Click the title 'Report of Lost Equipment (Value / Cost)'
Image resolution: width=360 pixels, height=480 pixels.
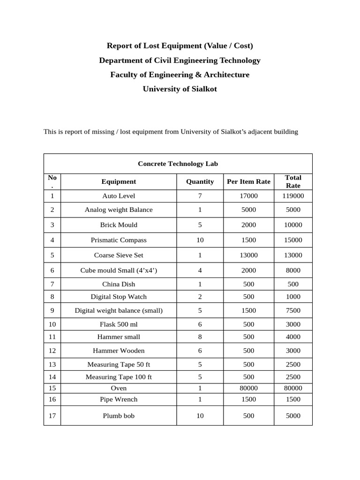click(x=180, y=45)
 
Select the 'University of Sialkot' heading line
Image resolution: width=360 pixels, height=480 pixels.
click(x=180, y=89)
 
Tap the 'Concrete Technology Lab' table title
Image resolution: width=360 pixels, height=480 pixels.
click(x=178, y=164)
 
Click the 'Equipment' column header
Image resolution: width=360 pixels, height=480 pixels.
click(x=119, y=181)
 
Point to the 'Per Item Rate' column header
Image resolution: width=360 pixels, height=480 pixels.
click(x=248, y=181)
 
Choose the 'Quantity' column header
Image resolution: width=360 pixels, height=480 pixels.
click(x=200, y=181)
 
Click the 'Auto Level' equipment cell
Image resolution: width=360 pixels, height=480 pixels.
click(x=119, y=196)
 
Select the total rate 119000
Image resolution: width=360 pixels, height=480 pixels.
click(x=293, y=196)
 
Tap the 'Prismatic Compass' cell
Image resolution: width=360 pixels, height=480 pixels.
click(x=119, y=240)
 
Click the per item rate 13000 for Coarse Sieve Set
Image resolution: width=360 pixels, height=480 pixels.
click(x=248, y=255)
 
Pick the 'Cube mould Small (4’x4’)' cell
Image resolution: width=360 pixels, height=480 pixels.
click(x=119, y=270)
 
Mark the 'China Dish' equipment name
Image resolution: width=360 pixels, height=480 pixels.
click(x=119, y=284)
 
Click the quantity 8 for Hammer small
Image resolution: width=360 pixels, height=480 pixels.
click(x=200, y=337)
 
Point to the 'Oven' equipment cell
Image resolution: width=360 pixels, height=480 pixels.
click(x=119, y=388)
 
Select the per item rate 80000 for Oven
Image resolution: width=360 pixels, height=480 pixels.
click(x=248, y=388)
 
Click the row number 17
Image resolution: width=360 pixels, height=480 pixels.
click(x=52, y=416)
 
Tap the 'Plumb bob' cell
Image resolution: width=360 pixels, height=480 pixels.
click(x=119, y=416)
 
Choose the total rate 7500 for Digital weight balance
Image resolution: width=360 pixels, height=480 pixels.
click(x=293, y=310)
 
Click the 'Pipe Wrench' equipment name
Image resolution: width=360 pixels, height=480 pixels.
click(x=119, y=399)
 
